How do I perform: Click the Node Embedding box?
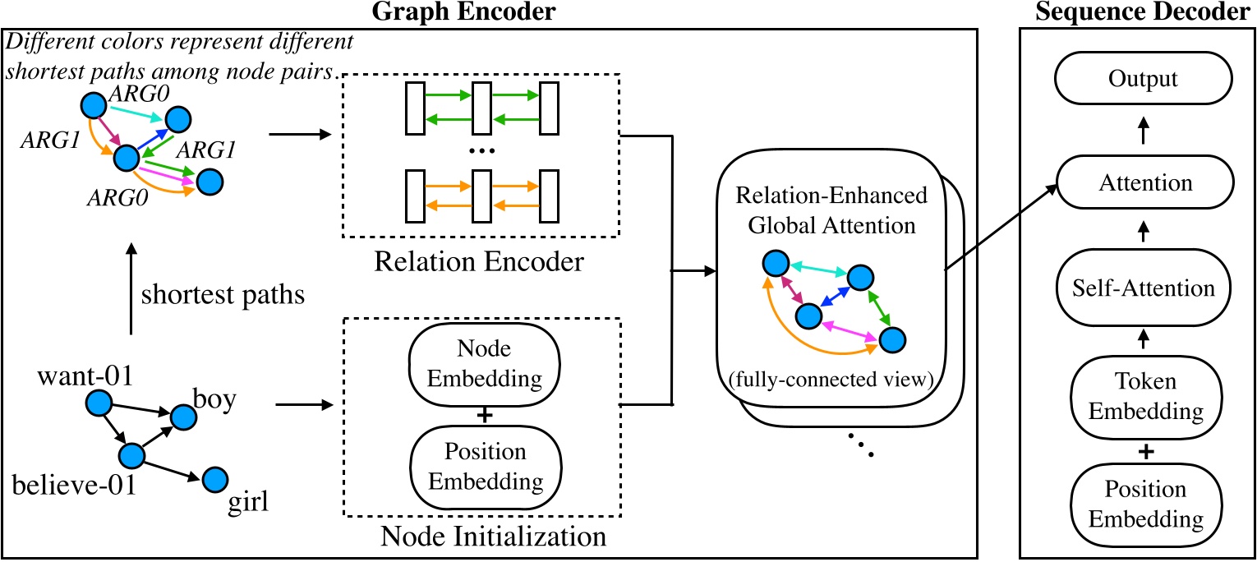484,365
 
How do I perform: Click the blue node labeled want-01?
99,403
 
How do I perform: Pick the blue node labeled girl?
214,478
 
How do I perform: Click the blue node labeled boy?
183,417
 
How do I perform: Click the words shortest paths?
223,295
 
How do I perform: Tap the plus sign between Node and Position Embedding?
484,415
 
